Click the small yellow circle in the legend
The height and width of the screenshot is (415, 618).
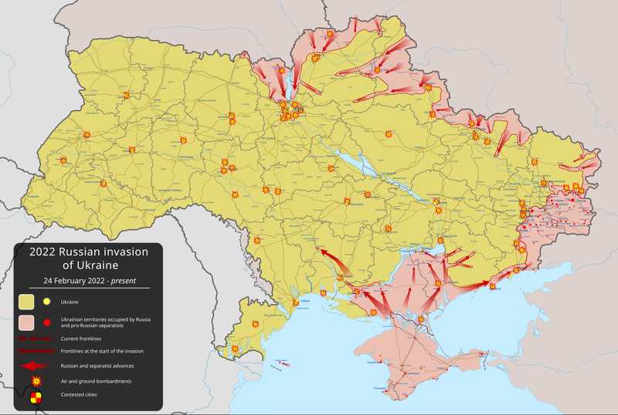click(x=47, y=302)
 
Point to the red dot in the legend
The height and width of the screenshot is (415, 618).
click(x=47, y=322)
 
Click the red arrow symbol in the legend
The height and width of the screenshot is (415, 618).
click(x=35, y=366)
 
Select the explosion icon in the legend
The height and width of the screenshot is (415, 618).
click(x=36, y=382)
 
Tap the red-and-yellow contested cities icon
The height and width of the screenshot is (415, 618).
click(x=36, y=398)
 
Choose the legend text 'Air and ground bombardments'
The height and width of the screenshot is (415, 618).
click(x=99, y=382)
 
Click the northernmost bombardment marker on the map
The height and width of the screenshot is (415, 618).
click(x=330, y=34)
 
